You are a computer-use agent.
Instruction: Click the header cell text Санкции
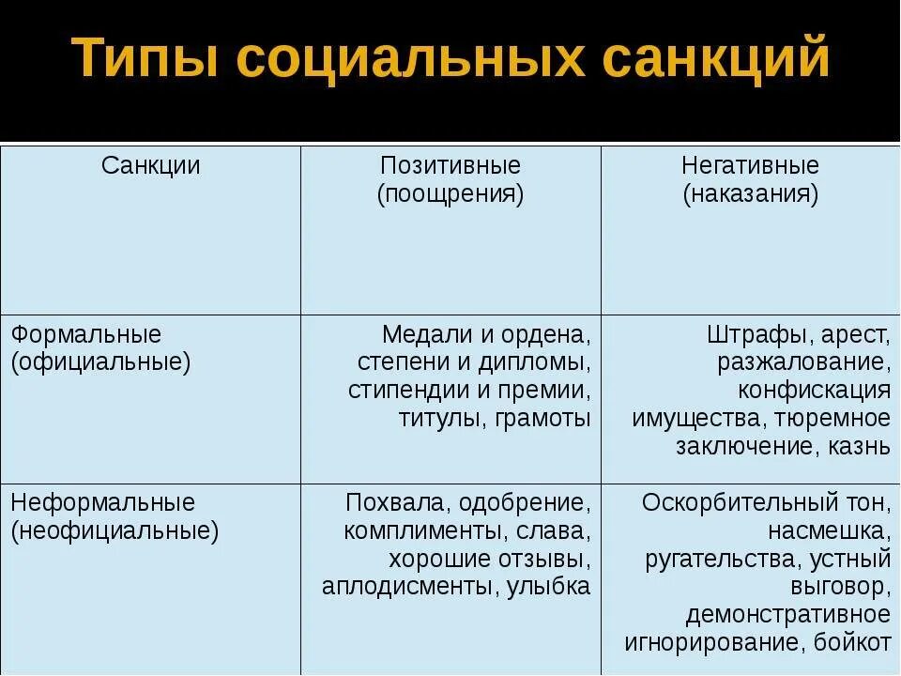(150, 166)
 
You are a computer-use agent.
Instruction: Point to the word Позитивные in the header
(450, 166)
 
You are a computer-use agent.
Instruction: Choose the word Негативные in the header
(750, 166)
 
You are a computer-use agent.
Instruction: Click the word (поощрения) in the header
(450, 194)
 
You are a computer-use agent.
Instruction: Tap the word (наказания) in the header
(750, 194)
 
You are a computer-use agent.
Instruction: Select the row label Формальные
(86, 334)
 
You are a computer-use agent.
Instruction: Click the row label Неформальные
(103, 502)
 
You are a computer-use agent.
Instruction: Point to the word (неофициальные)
(115, 530)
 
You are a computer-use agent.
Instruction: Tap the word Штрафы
(754, 334)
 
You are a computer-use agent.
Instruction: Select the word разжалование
(804, 362)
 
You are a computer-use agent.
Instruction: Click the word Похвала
(384, 502)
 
